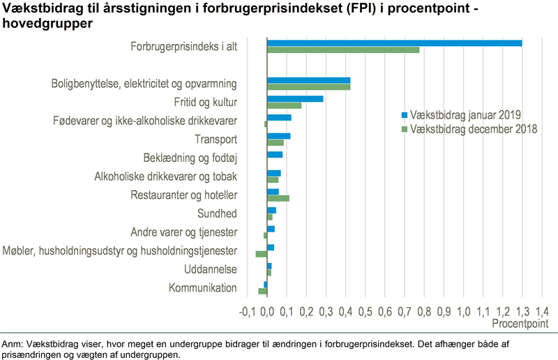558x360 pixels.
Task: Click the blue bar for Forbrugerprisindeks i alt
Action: pos(395,43)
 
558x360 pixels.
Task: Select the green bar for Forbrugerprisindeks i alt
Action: pos(343,50)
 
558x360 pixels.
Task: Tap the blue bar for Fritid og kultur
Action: pos(295,99)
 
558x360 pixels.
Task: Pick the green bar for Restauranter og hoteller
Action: pos(278,198)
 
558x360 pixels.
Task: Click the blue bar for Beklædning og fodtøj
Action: pos(275,154)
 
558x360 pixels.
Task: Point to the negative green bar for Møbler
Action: pos(262,254)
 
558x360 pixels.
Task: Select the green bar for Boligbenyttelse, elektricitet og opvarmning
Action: pos(308,87)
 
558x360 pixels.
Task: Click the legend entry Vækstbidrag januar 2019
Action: pos(466,115)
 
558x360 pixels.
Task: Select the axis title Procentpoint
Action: pos(520,324)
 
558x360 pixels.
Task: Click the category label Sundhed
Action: pos(218,213)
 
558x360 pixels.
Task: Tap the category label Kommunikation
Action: pos(203,288)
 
